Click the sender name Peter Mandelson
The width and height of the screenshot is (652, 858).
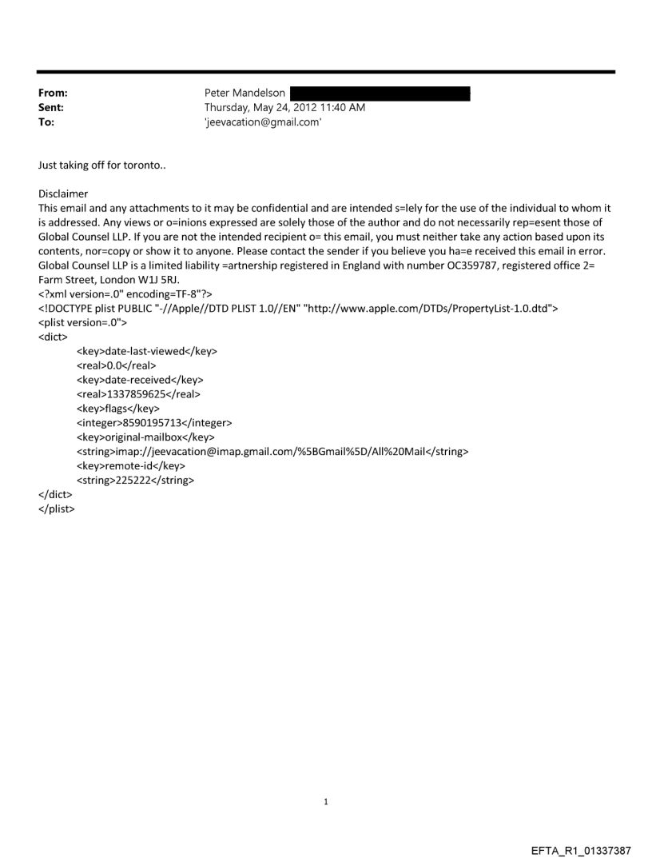(245, 93)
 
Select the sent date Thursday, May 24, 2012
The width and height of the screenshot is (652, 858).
(272, 107)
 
